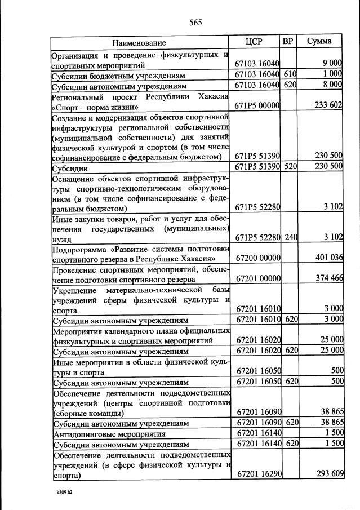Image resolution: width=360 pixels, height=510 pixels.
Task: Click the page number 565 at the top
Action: coord(195,23)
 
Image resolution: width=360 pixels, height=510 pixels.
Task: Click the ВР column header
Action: coord(287,42)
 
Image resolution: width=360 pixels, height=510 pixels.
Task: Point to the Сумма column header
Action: coord(319,42)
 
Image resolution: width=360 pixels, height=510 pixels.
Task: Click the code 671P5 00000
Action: coord(257,106)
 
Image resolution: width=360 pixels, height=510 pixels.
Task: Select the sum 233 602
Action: coord(328,106)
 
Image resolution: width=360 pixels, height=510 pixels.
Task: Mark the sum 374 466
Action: coord(328,278)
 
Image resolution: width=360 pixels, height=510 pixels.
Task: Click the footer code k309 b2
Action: coord(64,492)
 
